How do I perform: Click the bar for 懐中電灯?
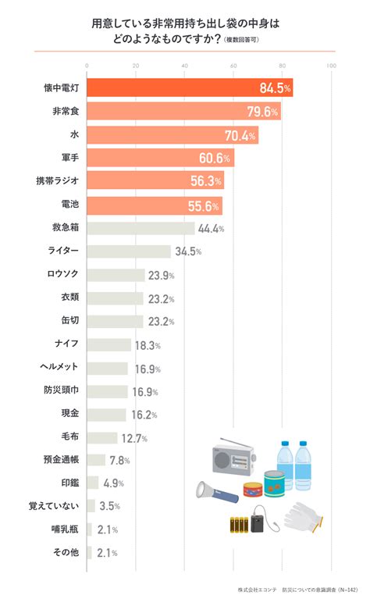190,87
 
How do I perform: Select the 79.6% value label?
262,112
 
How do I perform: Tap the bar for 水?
173,135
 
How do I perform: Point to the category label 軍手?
70,158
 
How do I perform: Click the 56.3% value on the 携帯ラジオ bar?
206,181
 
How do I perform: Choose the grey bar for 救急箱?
141,228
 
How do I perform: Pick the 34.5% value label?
188,251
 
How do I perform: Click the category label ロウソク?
63,273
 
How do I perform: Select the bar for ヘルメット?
108,369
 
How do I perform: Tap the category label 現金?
70,413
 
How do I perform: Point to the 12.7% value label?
134,438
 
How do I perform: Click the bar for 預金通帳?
96,460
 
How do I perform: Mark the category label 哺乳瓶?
66,529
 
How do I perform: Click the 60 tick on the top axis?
233,66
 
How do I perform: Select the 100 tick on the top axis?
332,66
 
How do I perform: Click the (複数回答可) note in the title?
241,40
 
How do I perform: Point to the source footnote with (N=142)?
297,590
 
